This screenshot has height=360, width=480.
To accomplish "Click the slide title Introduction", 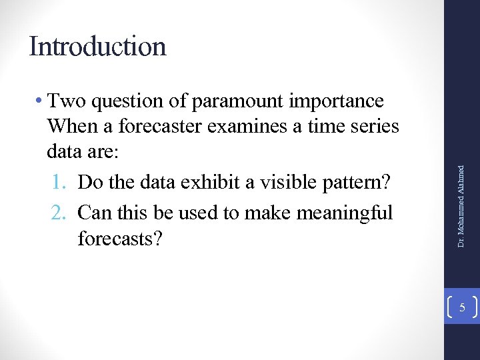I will point(97,47).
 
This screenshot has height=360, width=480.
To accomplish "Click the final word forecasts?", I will point(120,238).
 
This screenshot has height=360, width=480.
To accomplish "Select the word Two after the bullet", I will point(67,101).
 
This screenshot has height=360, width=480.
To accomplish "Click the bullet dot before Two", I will point(41,101).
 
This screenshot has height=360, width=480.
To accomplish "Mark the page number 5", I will point(461,307).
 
